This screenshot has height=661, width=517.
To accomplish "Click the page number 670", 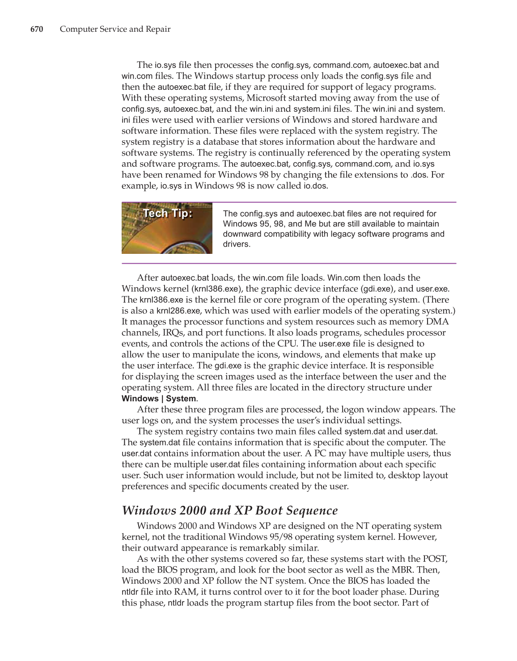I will tap(37, 29).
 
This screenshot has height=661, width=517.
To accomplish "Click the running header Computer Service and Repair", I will tap(115, 29).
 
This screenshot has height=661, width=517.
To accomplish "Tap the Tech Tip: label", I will tap(168, 213).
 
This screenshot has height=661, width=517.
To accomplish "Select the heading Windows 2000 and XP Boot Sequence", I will tap(230, 510).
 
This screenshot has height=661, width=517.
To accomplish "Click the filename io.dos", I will tap(315, 186).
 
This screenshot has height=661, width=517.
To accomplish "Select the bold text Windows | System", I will tap(159, 399).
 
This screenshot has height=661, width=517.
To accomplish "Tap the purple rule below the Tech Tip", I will tap(289, 263).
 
